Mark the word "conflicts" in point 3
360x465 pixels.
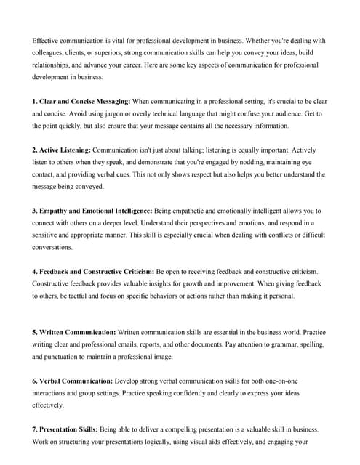pyautogui.click(x=268, y=235)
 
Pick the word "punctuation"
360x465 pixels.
pyautogui.click(x=65, y=357)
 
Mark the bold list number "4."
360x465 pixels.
pyautogui.click(x=35, y=271)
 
